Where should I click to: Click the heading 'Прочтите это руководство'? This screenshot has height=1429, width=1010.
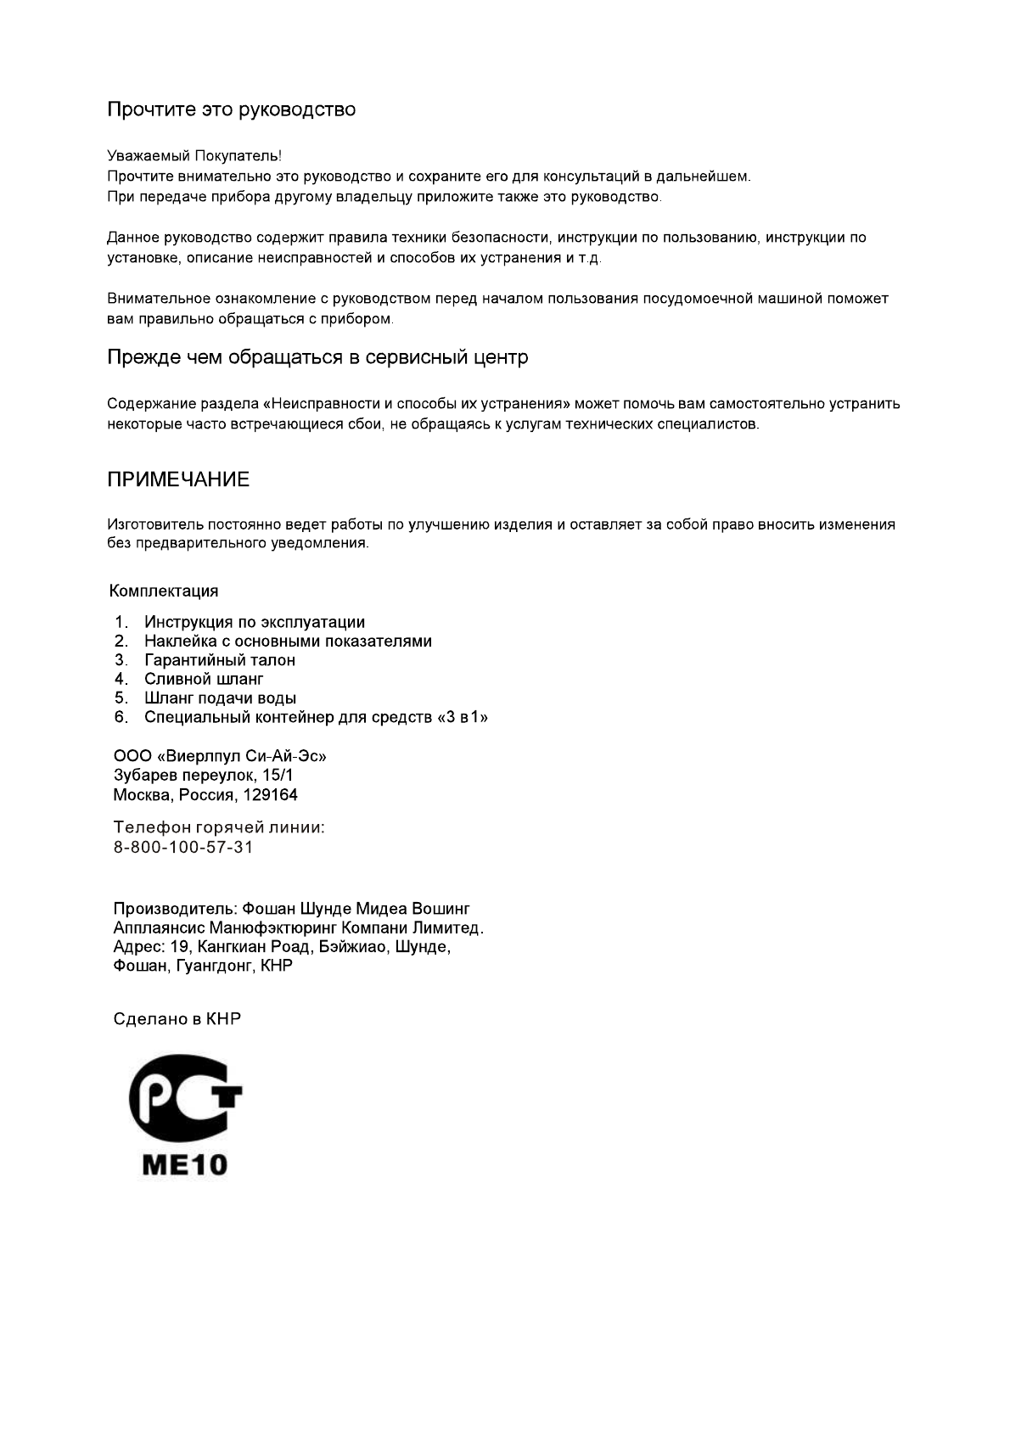[231, 109]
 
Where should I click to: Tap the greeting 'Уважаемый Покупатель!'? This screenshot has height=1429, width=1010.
[194, 156]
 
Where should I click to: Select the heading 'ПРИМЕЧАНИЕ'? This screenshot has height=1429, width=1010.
[178, 479]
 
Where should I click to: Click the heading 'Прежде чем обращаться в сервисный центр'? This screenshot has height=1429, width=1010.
[317, 357]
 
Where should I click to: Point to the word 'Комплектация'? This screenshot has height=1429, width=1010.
[164, 591]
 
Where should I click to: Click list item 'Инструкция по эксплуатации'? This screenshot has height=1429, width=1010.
[255, 622]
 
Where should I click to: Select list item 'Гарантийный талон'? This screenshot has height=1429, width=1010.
[220, 660]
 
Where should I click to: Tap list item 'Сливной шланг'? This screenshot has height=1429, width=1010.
[204, 679]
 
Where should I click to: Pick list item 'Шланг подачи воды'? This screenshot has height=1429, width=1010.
[220, 698]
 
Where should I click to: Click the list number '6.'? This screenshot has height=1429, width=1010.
[121, 718]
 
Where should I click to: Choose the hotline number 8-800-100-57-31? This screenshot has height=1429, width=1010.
[183, 847]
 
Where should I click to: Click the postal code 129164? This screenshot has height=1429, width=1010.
[270, 795]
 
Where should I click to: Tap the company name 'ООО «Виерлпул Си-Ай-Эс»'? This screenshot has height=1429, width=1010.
[220, 756]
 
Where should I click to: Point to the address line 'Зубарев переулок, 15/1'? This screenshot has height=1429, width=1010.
[204, 776]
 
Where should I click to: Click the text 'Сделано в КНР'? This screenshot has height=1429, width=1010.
[177, 1018]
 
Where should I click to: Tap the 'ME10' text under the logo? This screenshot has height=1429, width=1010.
[184, 1163]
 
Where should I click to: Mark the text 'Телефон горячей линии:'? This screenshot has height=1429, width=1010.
[219, 827]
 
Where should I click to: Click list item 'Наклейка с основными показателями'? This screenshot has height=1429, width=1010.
[288, 642]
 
